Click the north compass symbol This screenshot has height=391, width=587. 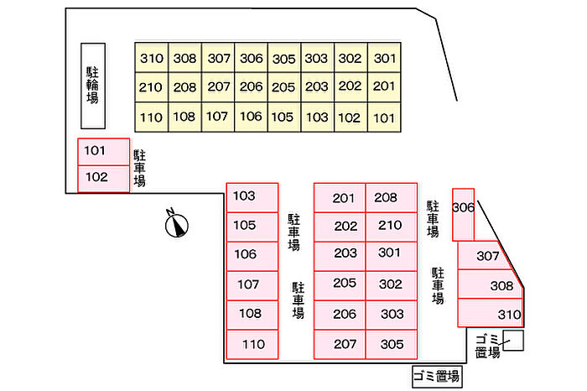(x=177, y=224)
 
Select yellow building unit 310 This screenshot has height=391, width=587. (x=151, y=59)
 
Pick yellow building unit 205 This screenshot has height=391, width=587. (x=283, y=86)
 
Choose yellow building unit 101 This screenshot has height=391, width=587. (x=383, y=117)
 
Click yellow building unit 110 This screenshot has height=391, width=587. (x=151, y=117)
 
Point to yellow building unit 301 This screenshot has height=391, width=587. (x=384, y=59)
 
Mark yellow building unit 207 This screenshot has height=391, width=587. (x=218, y=86)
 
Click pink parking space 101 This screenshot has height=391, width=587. (x=103, y=152)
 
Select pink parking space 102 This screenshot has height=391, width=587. (x=103, y=178)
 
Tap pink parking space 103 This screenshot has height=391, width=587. (x=252, y=197)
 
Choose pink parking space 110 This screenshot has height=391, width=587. (x=252, y=344)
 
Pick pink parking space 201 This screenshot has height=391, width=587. (x=340, y=198)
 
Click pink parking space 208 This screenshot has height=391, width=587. (x=391, y=198)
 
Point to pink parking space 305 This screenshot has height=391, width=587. (x=391, y=344)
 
